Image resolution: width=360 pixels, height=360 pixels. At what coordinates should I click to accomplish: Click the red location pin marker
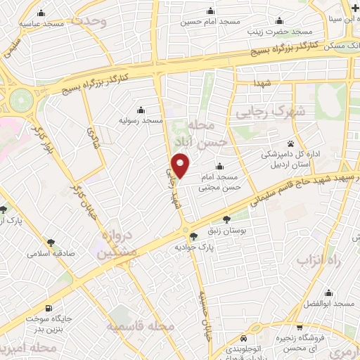[x=181, y=166]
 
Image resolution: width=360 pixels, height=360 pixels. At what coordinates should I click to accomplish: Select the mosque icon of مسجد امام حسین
[x=210, y=12]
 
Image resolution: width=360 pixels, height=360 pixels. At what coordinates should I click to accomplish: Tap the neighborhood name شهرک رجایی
[x=274, y=111]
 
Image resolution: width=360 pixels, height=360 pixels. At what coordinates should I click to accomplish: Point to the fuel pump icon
[x=46, y=307]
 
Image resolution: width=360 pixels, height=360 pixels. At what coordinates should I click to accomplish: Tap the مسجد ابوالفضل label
[x=333, y=303]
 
